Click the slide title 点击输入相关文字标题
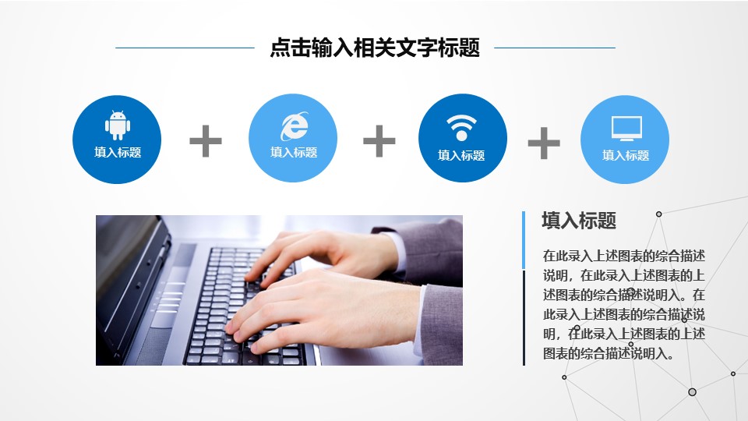[374, 48]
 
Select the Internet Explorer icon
[294, 124]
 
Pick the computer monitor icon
[626, 128]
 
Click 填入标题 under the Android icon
[118, 153]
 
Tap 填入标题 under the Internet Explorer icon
[294, 153]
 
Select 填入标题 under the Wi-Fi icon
[462, 156]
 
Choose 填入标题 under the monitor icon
[626, 156]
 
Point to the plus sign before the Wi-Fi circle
[379, 141]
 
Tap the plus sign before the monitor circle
[544, 143]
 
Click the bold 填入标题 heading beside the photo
[579, 221]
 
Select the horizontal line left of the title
[185, 48]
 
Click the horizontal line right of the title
[555, 48]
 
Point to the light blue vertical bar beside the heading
[524, 239]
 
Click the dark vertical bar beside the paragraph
[524, 317]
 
